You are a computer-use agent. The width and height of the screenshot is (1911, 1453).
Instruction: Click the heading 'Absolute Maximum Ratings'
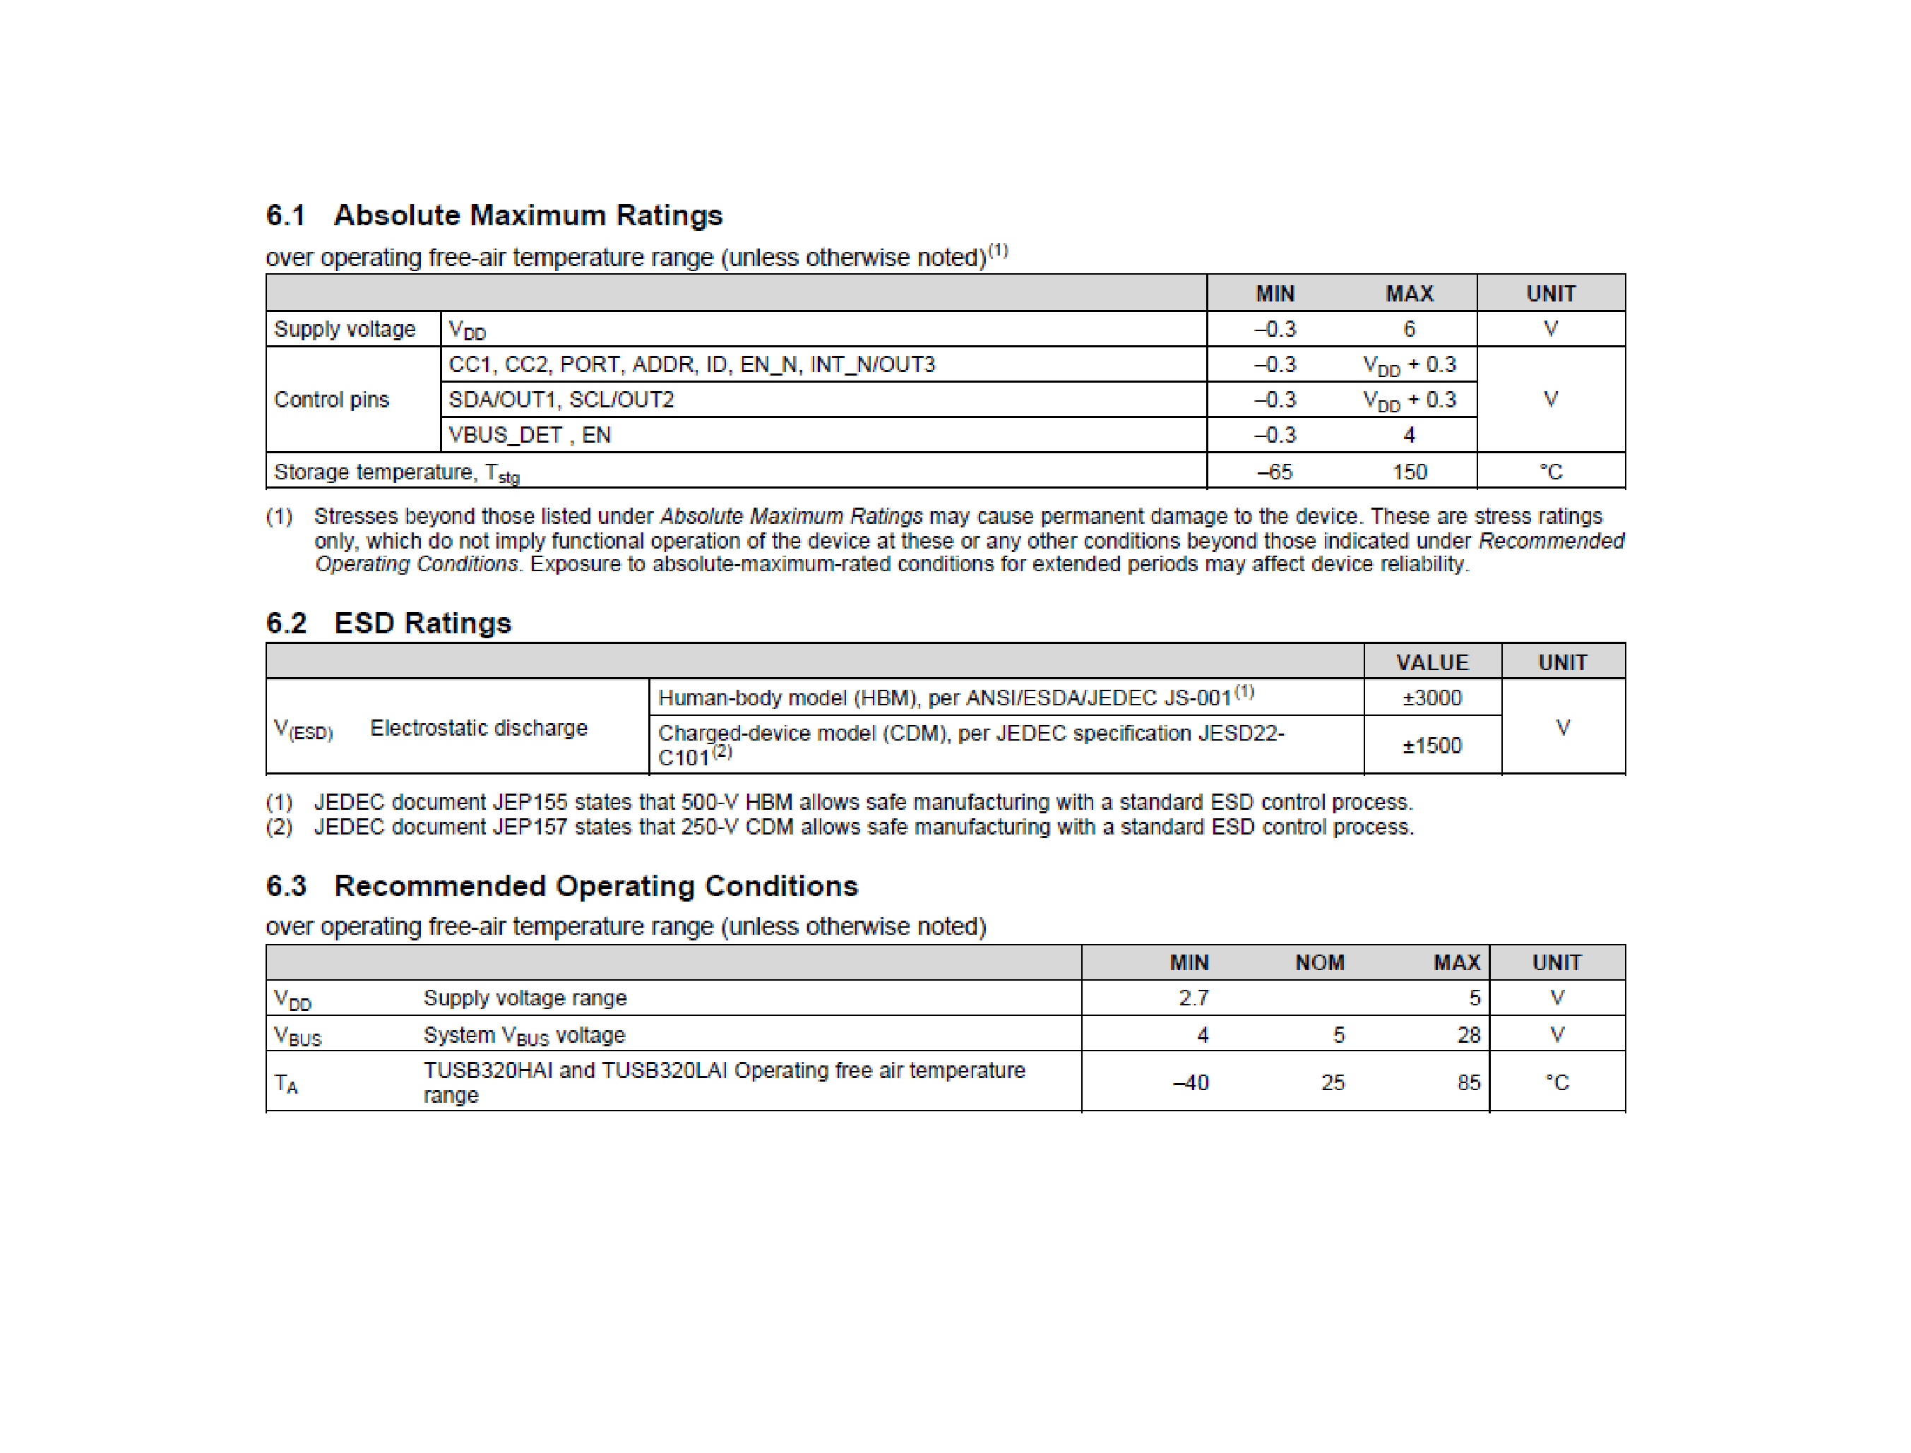click(527, 215)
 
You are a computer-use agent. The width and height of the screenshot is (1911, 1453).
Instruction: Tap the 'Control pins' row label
click(331, 400)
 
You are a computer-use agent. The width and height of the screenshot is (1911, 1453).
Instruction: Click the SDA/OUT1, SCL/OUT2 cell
click(561, 400)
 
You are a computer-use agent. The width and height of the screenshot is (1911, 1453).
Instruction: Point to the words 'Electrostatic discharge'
click(478, 728)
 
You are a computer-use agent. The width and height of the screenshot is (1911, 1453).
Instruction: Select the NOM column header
click(1319, 962)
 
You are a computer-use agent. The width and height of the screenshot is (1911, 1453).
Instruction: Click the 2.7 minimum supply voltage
click(1193, 998)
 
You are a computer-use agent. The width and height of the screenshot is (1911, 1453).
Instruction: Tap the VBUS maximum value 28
click(1468, 1035)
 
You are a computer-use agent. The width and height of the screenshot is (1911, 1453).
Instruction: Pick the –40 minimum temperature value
click(1191, 1083)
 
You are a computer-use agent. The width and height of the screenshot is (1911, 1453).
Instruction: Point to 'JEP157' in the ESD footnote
click(530, 827)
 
